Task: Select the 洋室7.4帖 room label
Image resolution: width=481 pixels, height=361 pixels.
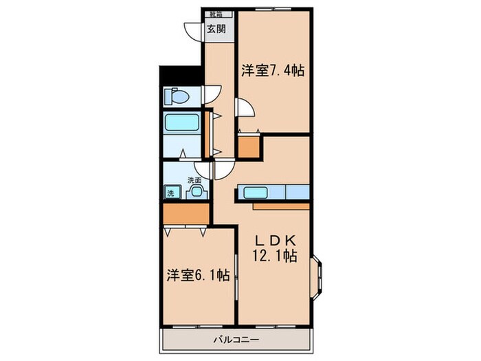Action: (273, 70)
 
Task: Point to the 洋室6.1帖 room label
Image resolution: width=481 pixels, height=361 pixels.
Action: (197, 276)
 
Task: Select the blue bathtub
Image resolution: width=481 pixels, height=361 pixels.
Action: (181, 124)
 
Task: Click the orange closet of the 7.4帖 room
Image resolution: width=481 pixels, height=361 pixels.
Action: (249, 146)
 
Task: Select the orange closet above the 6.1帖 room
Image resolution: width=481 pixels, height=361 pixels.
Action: (186, 215)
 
